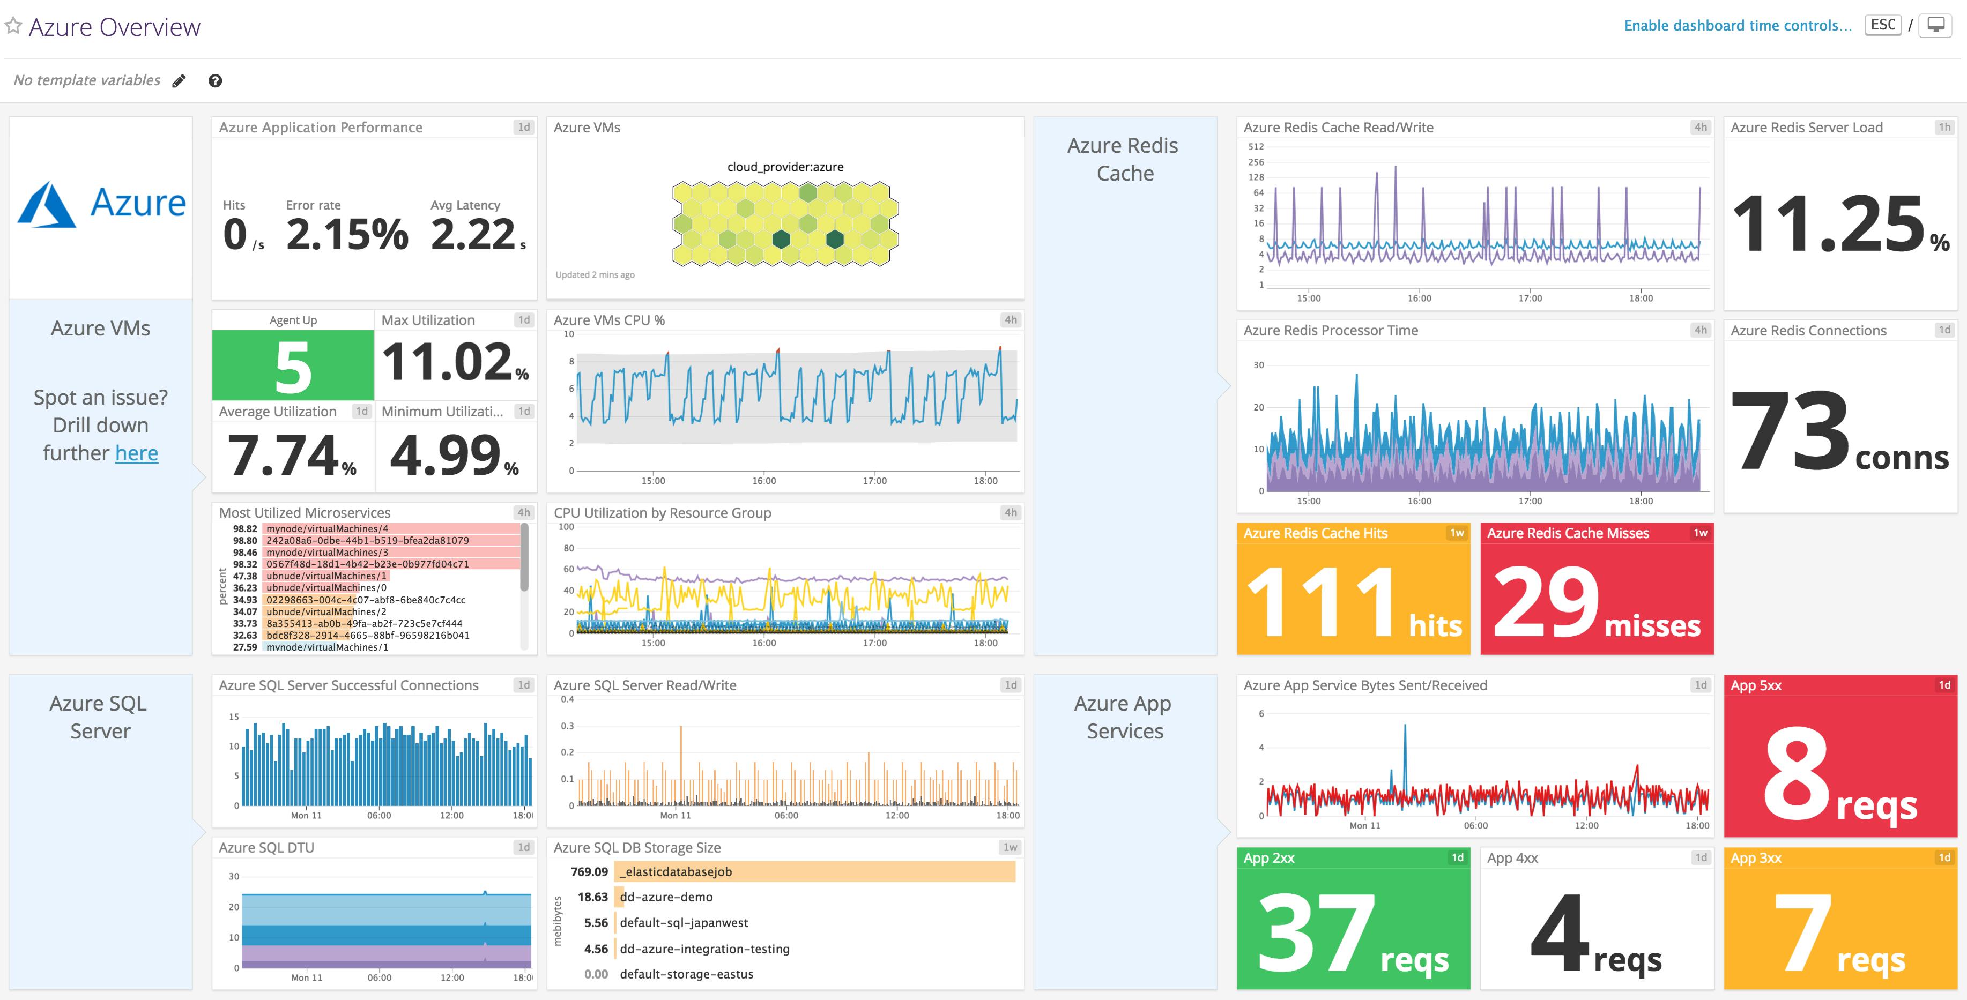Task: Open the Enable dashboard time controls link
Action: point(1737,25)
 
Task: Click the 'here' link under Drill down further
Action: point(137,453)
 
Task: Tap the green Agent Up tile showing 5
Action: point(293,365)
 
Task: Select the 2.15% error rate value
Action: point(347,234)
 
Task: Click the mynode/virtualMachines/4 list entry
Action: point(327,528)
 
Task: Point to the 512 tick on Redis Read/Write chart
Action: point(1256,146)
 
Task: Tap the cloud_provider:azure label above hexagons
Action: point(785,167)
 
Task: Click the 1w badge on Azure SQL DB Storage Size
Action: point(1010,847)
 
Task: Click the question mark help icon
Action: point(216,81)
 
